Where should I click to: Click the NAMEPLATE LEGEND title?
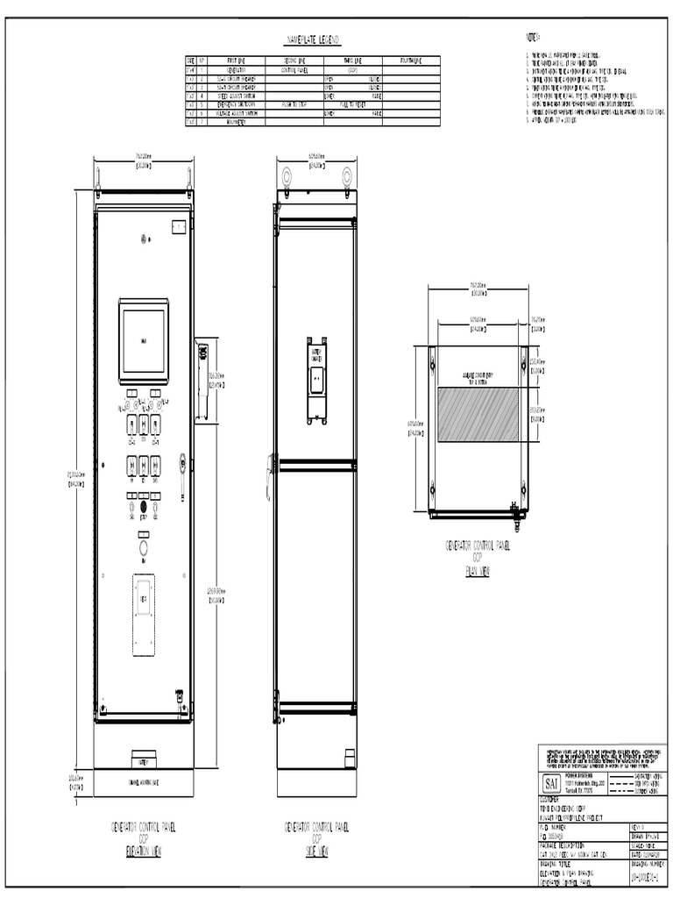[x=314, y=41]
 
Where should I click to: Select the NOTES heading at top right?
[x=532, y=38]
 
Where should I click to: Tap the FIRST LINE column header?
[x=237, y=61]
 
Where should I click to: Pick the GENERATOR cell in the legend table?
[x=237, y=68]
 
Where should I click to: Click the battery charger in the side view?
[x=316, y=376]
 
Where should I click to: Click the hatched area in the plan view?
[x=478, y=417]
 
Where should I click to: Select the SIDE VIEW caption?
[x=316, y=850]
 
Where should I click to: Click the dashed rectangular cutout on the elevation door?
[x=143, y=614]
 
